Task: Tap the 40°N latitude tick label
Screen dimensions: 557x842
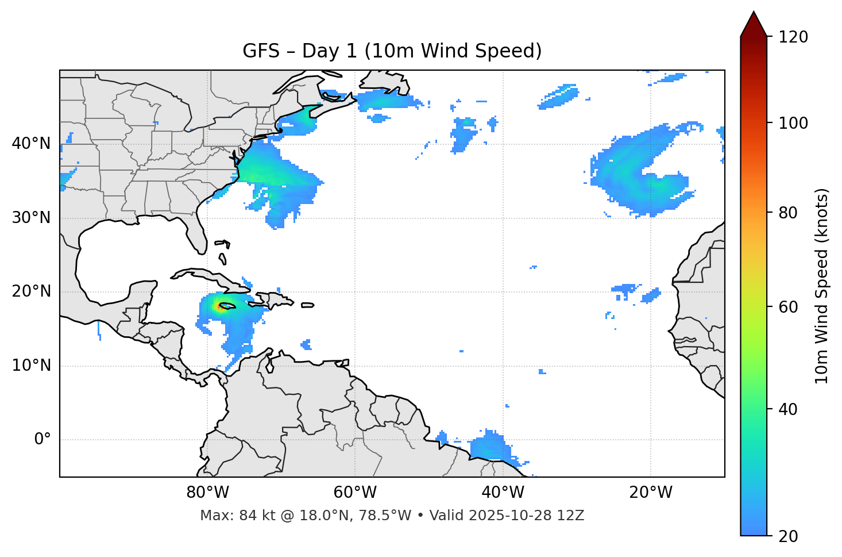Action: coord(31,144)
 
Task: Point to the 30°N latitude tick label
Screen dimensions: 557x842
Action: coord(31,218)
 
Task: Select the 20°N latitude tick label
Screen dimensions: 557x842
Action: coord(31,291)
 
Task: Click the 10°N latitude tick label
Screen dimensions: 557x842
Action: coord(31,366)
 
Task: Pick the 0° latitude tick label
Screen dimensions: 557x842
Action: coord(43,440)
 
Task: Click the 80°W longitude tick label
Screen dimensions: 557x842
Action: coord(207,493)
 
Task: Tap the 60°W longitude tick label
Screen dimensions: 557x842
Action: coord(355,493)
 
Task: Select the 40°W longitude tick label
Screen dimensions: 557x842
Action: coord(503,493)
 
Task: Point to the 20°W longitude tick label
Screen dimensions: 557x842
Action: coord(651,493)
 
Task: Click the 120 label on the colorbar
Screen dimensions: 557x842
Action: coord(793,37)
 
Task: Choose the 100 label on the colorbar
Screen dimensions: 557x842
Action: coord(793,123)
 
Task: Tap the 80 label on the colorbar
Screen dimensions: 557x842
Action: coord(787,213)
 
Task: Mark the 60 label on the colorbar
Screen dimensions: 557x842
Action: coord(787,307)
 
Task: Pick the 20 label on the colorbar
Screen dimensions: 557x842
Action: coord(787,536)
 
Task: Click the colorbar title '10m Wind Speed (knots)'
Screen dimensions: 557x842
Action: coord(822,286)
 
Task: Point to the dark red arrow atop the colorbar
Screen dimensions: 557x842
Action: coord(754,24)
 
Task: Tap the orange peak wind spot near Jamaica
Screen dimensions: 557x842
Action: coord(219,307)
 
